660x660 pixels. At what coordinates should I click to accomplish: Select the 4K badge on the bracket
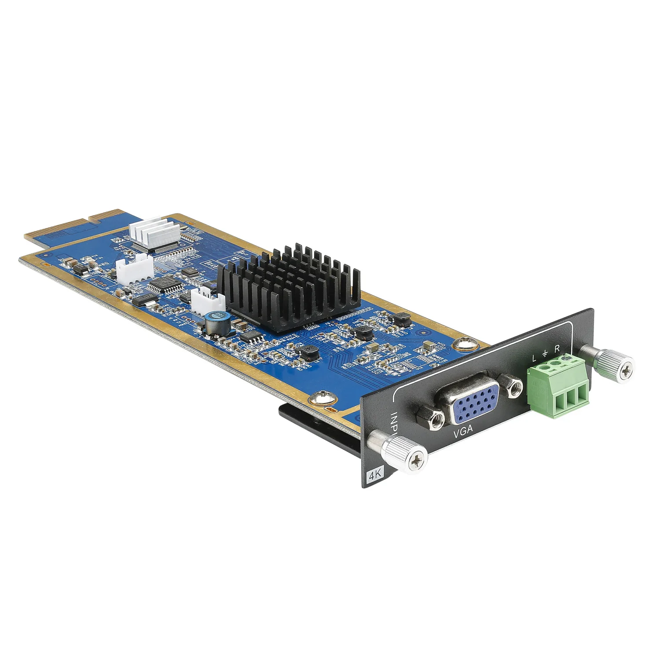pyautogui.click(x=375, y=476)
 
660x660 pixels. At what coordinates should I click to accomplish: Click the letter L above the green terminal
pyautogui.click(x=535, y=358)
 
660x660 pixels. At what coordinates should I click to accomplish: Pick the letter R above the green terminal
pyautogui.click(x=557, y=349)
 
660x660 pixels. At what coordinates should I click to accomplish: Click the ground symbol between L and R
pyautogui.click(x=546, y=353)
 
